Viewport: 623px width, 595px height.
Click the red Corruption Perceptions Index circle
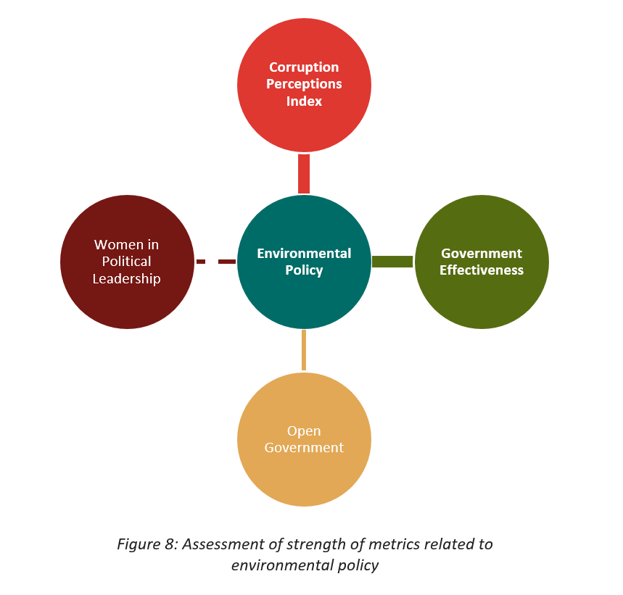[x=304, y=85]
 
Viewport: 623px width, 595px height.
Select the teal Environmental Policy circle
[x=304, y=262]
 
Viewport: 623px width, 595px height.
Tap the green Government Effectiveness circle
[x=482, y=262]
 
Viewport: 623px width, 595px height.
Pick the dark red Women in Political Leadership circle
[x=127, y=262]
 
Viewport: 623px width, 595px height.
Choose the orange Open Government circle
[x=304, y=439]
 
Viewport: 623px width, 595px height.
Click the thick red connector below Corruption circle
[x=304, y=174]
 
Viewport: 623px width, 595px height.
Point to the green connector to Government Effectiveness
[x=392, y=262]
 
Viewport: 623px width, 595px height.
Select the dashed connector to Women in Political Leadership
[x=216, y=262]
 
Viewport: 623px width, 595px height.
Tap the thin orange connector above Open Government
[x=304, y=350]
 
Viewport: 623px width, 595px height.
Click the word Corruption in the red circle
[x=304, y=67]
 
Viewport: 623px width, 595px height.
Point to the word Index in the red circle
[x=304, y=101]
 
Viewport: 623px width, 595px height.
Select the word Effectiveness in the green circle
[x=482, y=270]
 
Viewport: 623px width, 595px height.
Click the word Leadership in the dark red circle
[x=127, y=279]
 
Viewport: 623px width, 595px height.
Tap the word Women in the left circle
[x=119, y=244]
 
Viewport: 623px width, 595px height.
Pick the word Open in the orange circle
[x=304, y=431]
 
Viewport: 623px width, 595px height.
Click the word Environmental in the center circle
[x=304, y=253]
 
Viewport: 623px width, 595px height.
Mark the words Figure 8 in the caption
[x=146, y=544]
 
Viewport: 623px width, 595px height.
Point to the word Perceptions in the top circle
[x=304, y=84]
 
